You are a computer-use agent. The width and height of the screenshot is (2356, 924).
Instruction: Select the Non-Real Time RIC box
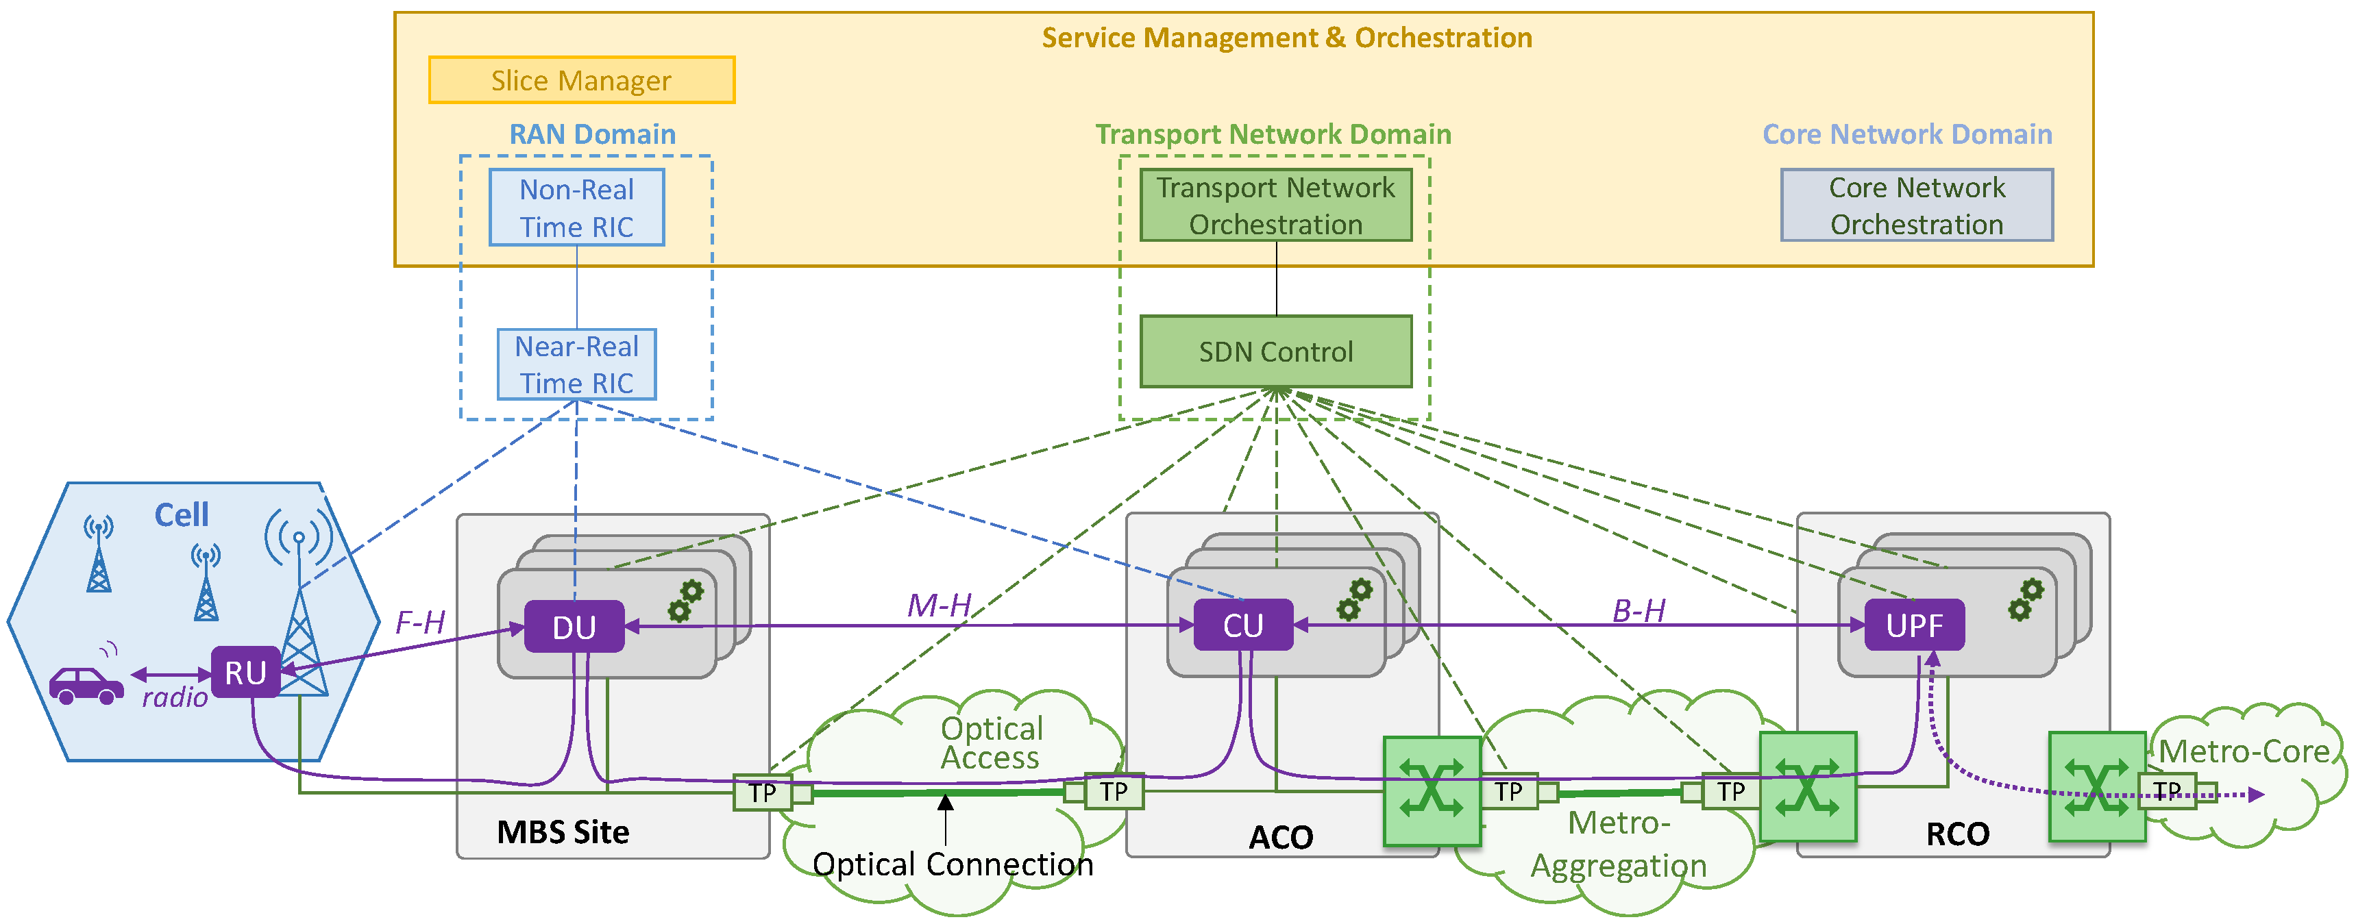(576, 208)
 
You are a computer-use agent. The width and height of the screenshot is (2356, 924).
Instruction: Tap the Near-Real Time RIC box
(576, 364)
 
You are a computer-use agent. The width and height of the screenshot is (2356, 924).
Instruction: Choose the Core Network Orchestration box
(1916, 205)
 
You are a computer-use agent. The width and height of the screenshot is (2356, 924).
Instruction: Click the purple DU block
(574, 627)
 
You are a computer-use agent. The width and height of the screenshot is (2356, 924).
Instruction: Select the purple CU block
(1243, 625)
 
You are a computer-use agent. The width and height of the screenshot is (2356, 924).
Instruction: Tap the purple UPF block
(1913, 625)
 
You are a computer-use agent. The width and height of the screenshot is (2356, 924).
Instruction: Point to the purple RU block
(245, 673)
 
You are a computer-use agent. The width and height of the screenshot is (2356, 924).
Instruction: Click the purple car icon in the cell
(86, 686)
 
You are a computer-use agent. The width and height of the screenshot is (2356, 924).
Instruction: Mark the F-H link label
(420, 623)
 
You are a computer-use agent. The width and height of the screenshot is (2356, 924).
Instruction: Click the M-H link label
(938, 605)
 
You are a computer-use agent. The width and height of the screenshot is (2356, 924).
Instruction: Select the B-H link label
(1638, 610)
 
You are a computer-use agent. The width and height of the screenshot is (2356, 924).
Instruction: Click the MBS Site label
(563, 832)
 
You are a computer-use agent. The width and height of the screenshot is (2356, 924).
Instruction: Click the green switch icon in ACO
(1432, 790)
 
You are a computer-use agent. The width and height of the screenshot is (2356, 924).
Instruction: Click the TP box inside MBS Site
(762, 792)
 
